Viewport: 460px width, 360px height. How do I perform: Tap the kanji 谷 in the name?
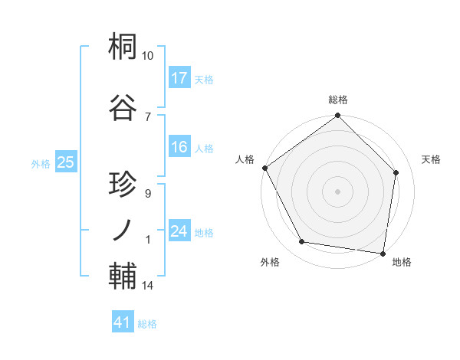point(123,107)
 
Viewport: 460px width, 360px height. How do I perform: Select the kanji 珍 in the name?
point(123,185)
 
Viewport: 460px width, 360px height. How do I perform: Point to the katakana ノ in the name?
point(123,229)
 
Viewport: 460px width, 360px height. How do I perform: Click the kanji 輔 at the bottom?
point(123,276)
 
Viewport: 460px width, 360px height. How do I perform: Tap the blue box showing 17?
point(179,78)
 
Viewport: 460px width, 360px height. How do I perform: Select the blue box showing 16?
point(179,148)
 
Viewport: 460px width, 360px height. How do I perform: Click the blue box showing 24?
point(179,232)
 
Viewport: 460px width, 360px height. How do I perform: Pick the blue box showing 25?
point(65,162)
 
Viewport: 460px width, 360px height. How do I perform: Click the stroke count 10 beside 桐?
point(148,56)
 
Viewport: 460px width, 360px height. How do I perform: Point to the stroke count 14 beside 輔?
point(148,286)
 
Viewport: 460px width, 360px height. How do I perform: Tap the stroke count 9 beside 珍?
point(147,194)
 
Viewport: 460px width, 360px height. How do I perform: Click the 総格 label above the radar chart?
point(337,100)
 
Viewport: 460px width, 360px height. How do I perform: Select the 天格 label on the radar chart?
point(431,159)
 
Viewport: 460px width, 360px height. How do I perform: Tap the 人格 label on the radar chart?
point(244,159)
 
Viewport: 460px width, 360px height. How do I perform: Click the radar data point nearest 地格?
point(382,253)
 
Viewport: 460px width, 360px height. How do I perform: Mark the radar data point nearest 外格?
point(301,242)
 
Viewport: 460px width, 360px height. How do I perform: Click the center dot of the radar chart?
point(337,191)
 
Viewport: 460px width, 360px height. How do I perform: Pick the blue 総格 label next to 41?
point(147,324)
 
